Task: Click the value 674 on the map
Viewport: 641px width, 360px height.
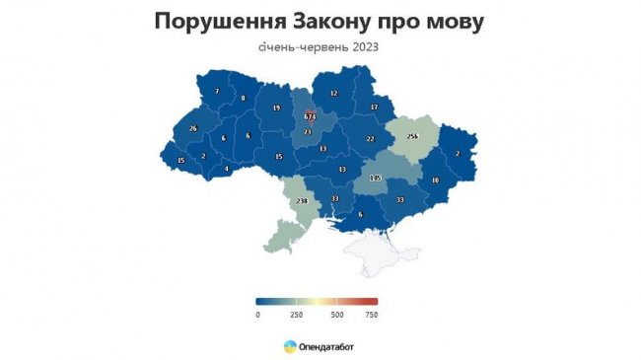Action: point(310,116)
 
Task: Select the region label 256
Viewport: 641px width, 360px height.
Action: point(412,135)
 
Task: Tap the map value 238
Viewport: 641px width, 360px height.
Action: point(302,200)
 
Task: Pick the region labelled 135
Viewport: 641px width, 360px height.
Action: point(374,179)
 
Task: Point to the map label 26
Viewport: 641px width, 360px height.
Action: point(193,129)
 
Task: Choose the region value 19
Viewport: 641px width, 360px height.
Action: point(276,108)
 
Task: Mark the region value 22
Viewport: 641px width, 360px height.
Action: point(370,139)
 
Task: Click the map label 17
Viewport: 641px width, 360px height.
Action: point(375,107)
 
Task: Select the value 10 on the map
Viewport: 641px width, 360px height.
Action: point(436,180)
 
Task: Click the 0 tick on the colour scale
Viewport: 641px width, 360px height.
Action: point(256,315)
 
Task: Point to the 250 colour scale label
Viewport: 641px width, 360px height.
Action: point(296,315)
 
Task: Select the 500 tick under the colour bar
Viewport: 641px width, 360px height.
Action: point(337,315)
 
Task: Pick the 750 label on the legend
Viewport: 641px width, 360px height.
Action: point(371,315)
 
